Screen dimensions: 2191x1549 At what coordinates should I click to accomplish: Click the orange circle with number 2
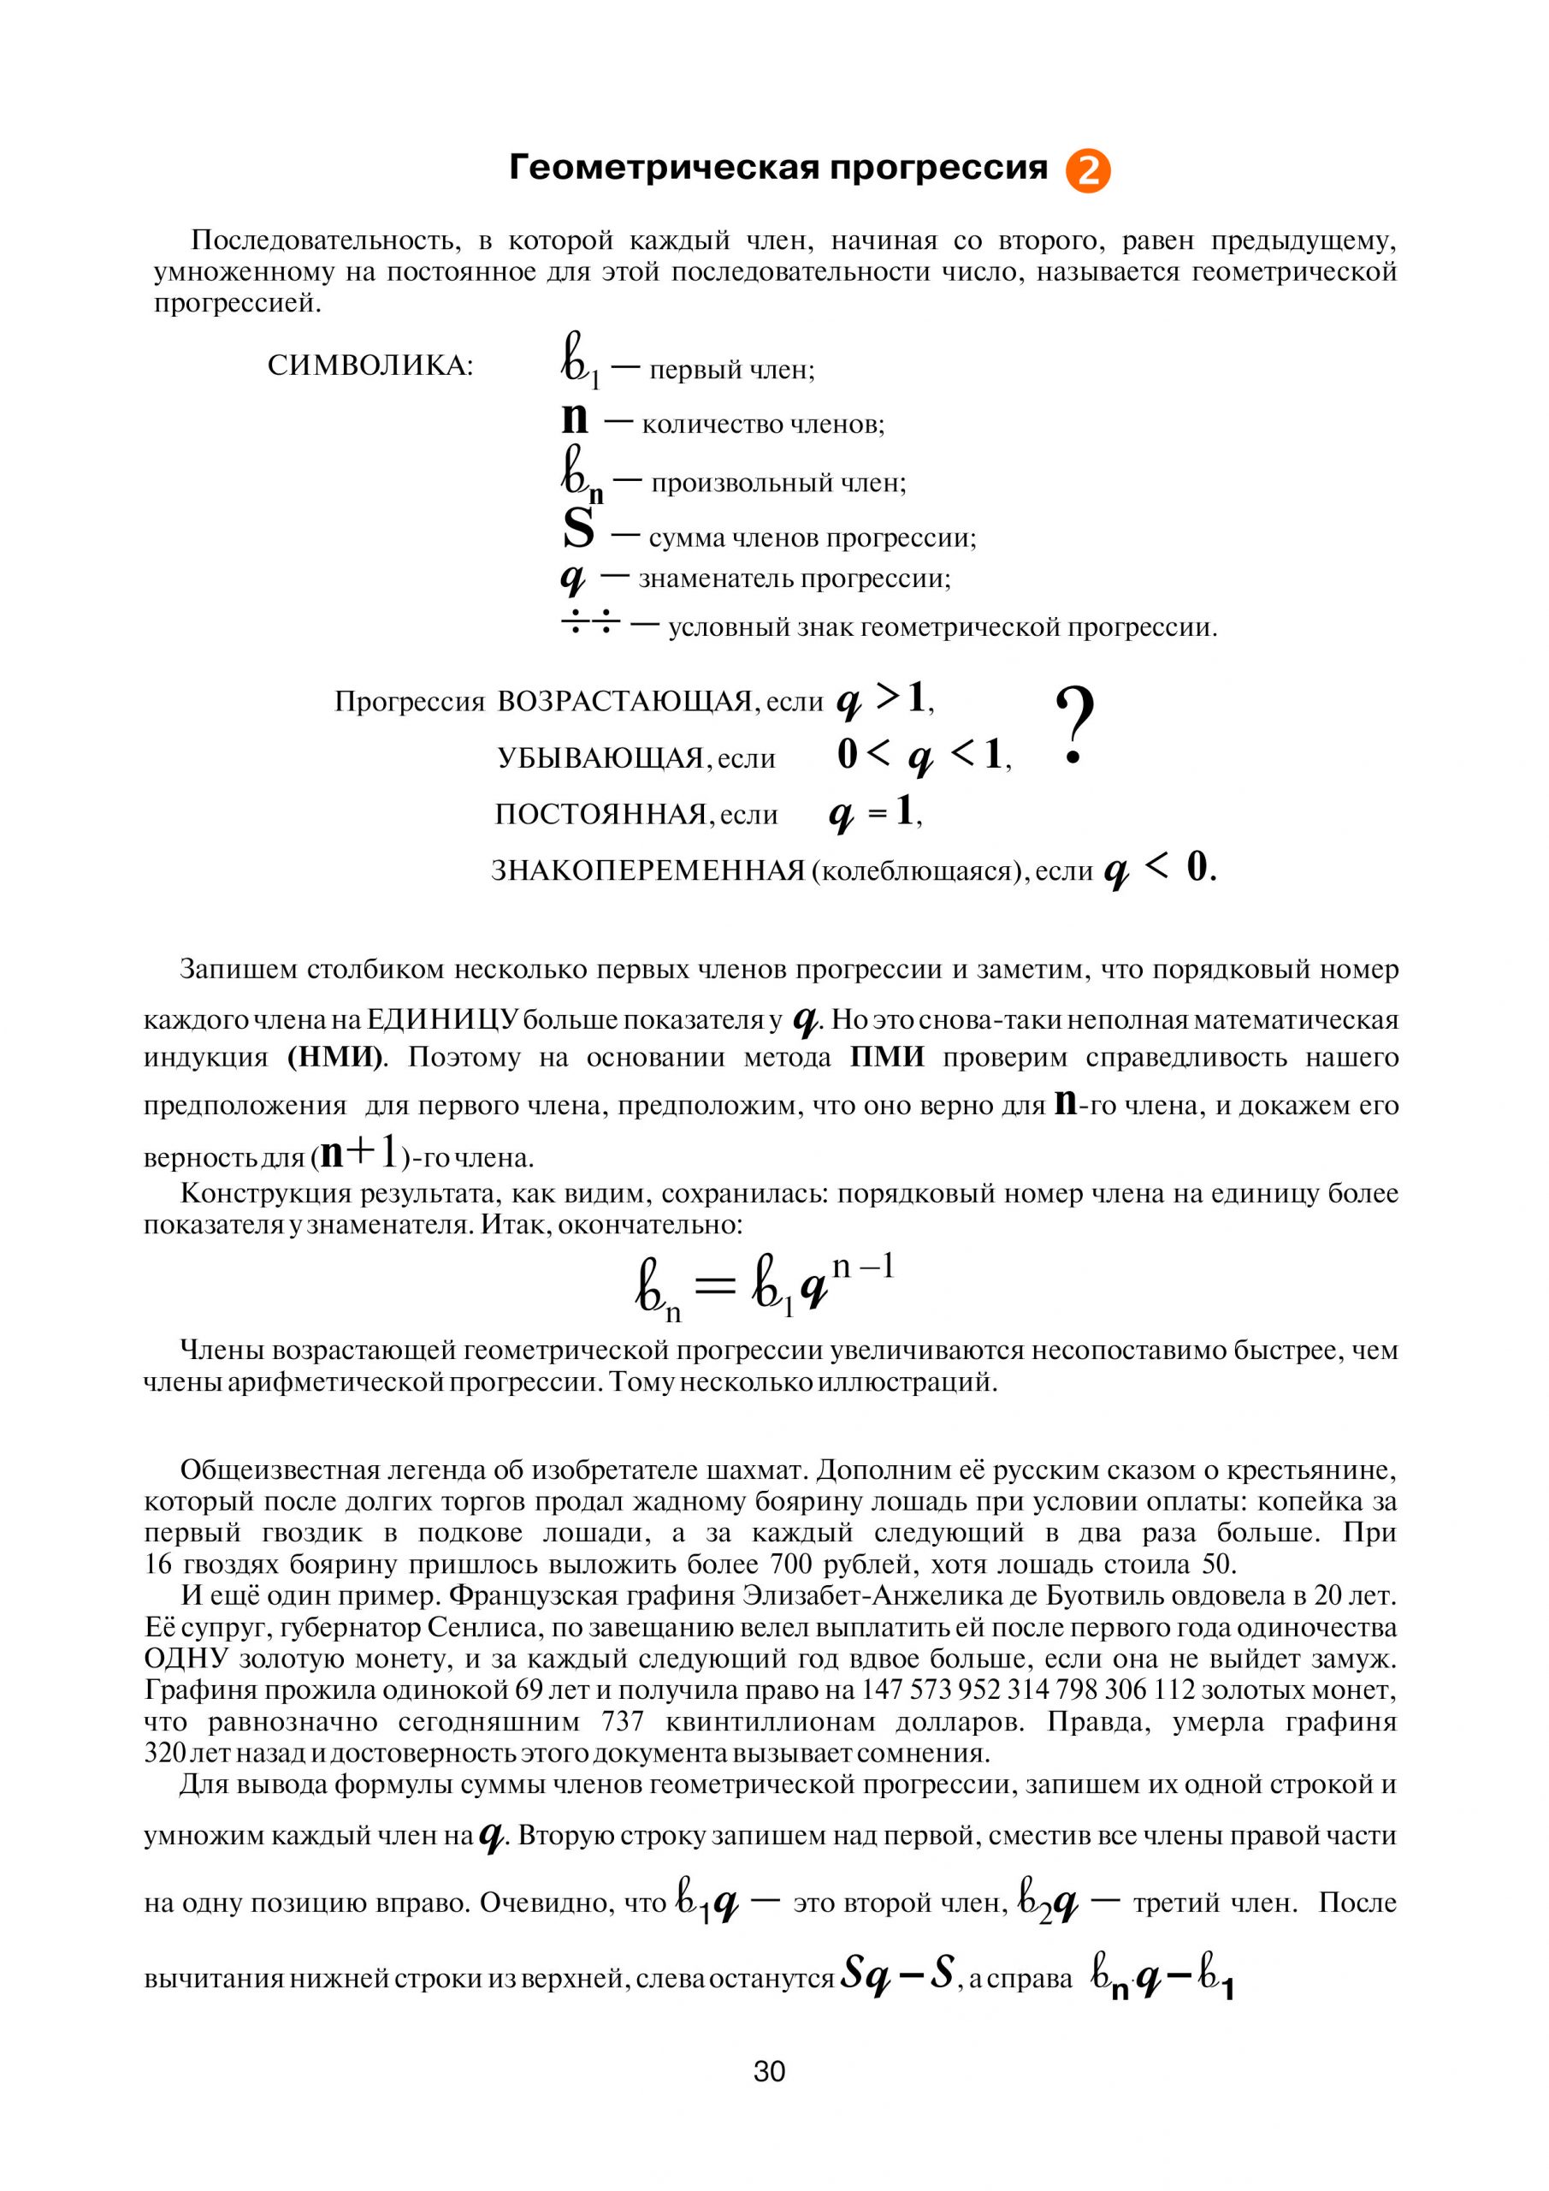point(1087,172)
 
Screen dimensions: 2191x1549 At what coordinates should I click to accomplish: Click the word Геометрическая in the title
point(664,168)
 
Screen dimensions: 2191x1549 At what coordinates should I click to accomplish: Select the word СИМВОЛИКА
point(370,366)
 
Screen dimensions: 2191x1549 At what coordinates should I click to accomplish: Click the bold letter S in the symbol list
point(578,530)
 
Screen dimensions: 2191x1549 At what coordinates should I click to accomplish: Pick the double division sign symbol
point(590,625)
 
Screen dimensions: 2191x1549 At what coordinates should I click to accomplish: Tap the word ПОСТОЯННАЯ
point(601,815)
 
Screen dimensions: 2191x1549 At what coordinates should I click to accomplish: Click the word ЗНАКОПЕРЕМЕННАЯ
point(648,871)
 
